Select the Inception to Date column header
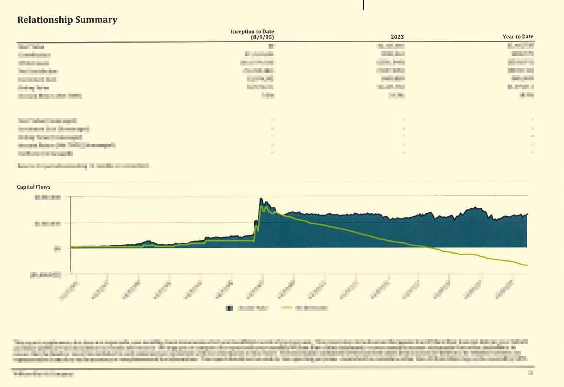(x=255, y=32)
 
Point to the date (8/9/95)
(x=265, y=37)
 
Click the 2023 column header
(x=397, y=37)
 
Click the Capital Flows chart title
(x=33, y=187)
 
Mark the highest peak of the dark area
(x=261, y=198)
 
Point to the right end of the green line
(x=527, y=265)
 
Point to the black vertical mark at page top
(x=363, y=5)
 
